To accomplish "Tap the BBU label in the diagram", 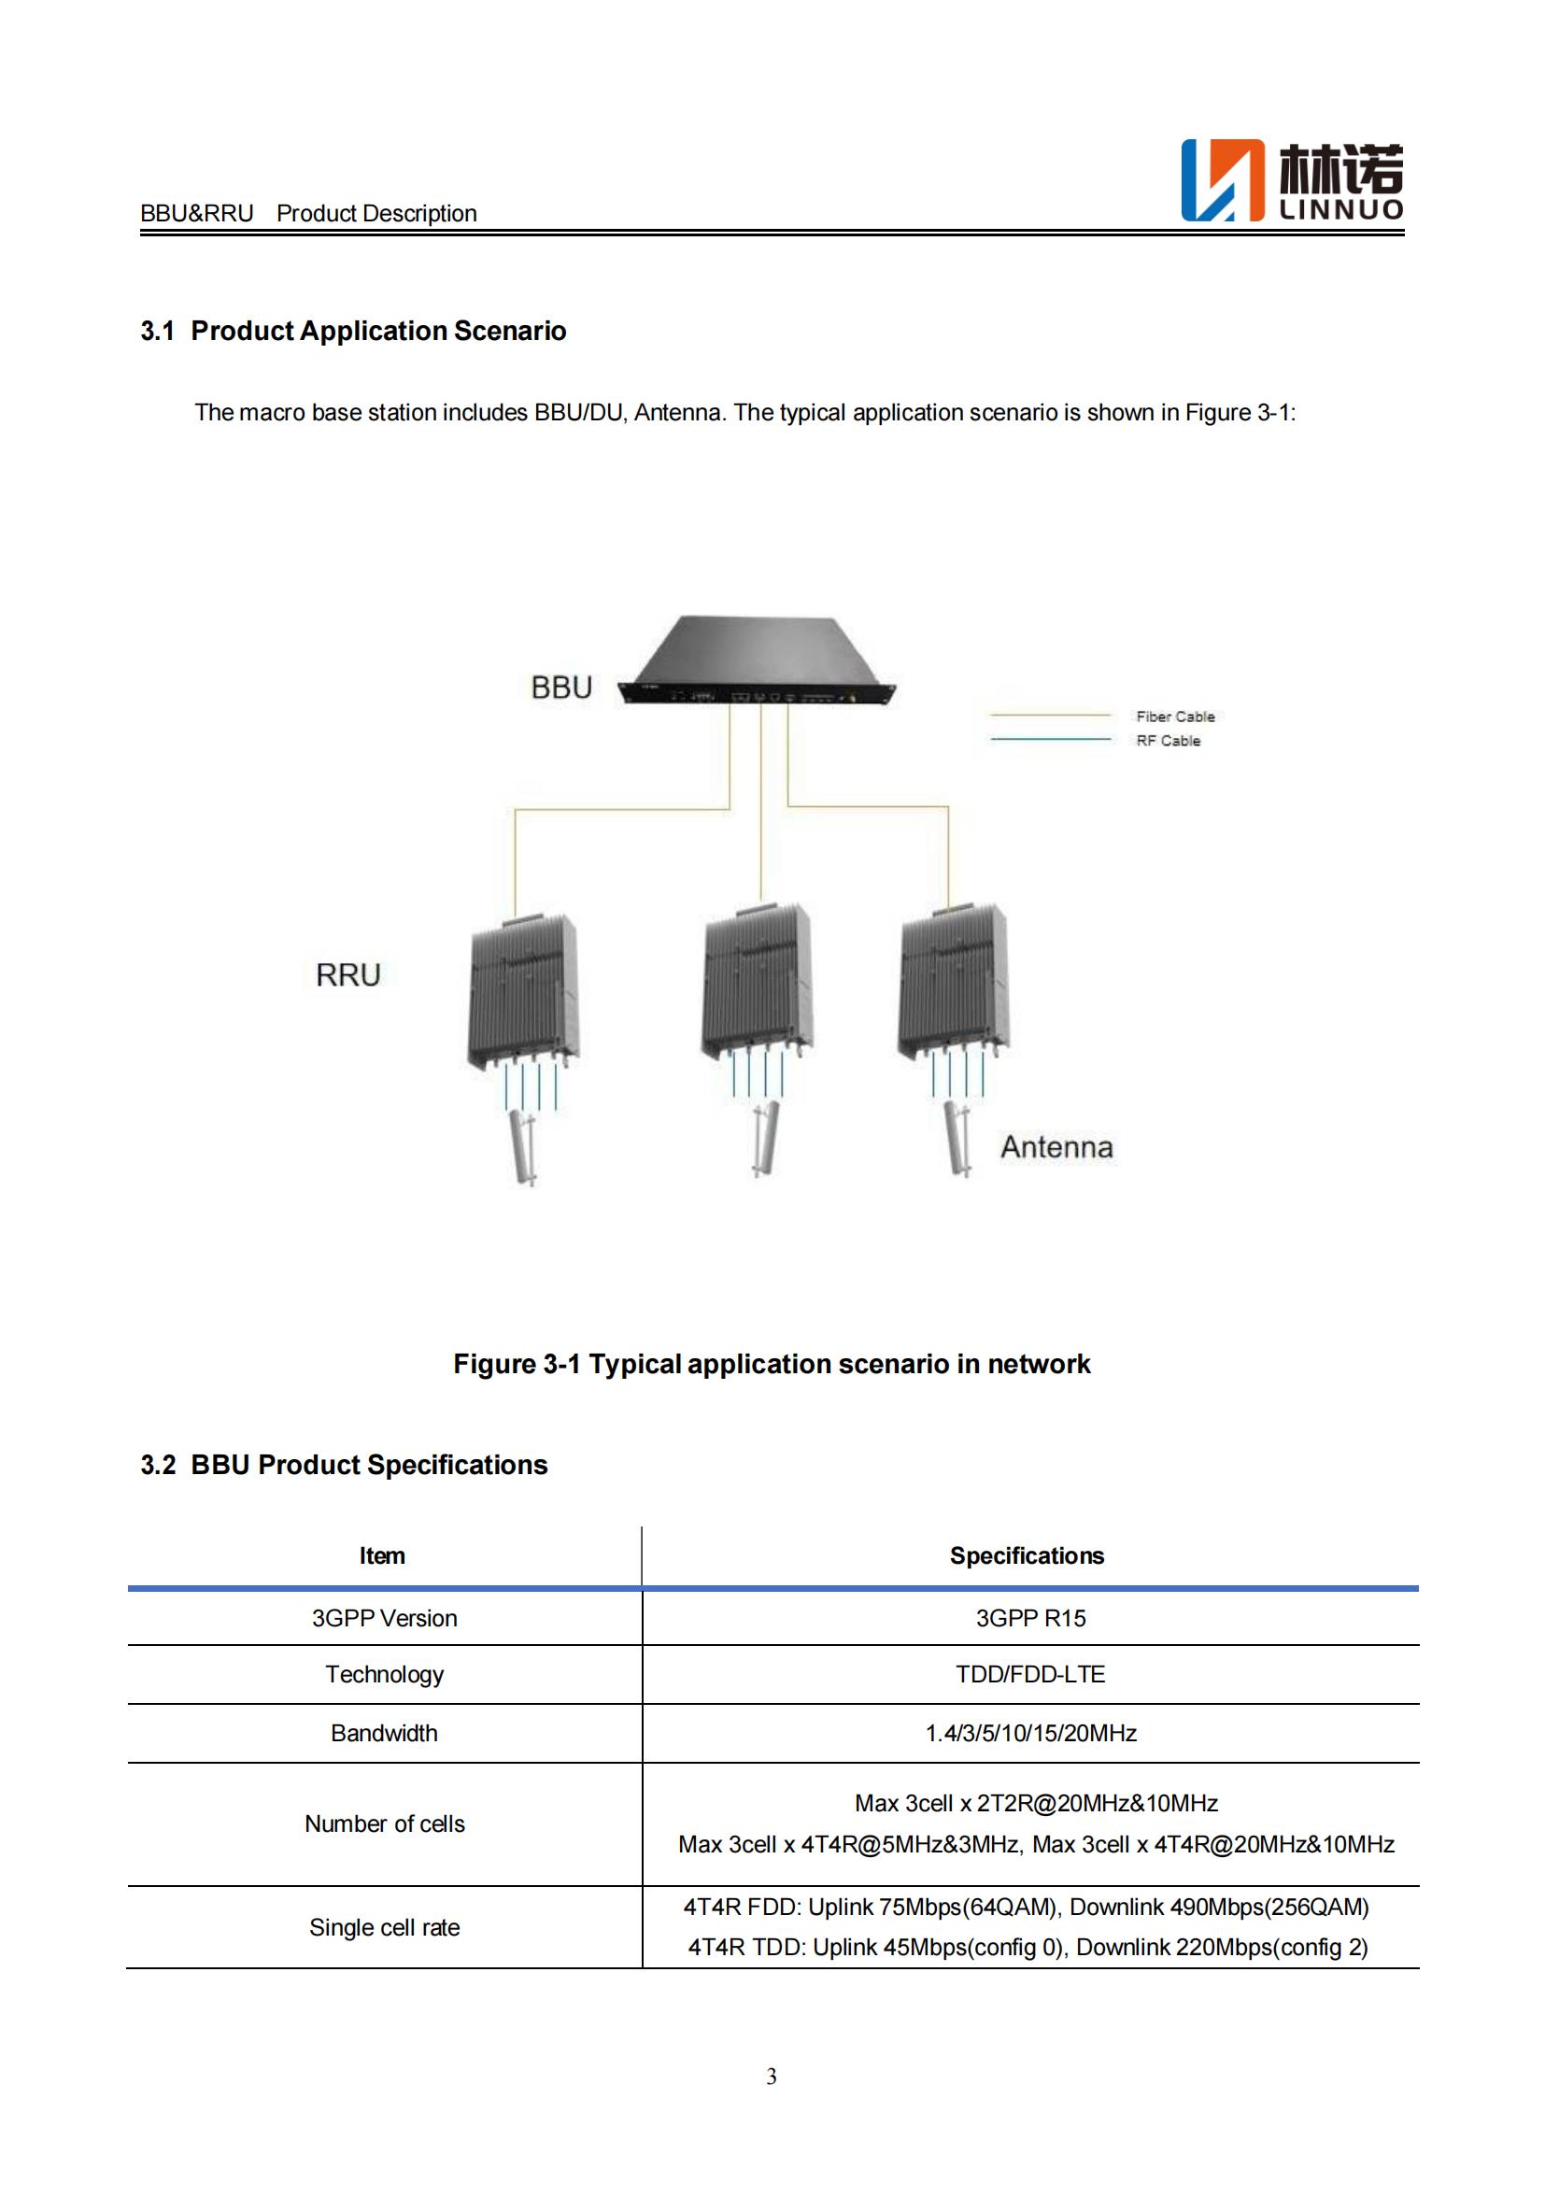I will (x=561, y=688).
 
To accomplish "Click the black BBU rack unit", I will (x=758, y=662).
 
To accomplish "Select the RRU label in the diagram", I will (x=348, y=974).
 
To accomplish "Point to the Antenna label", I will (x=1056, y=1147).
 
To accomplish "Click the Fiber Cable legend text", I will (x=1175, y=717).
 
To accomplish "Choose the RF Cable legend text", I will (x=1169, y=741).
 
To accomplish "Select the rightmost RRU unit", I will (x=952, y=982).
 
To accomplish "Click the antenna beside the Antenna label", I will (x=957, y=1138).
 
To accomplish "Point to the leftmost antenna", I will (x=522, y=1147).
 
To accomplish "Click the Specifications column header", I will (x=1027, y=1556).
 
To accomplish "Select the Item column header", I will (x=382, y=1556).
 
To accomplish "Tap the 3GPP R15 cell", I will (x=1030, y=1618).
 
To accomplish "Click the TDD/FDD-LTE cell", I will (x=1030, y=1674).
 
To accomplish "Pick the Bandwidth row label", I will (x=384, y=1733).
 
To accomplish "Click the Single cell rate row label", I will (x=384, y=1927).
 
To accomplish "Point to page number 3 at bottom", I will (x=772, y=2077).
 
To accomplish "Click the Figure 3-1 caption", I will (x=772, y=1364).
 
